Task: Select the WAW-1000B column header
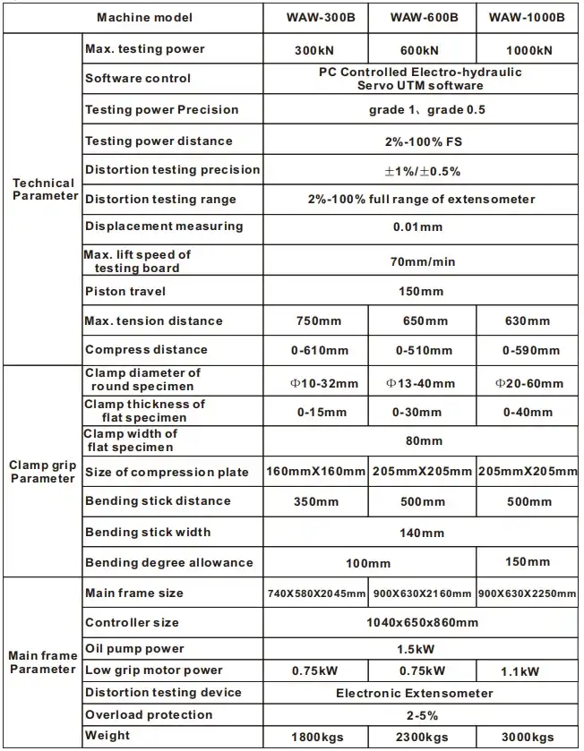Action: [x=528, y=18]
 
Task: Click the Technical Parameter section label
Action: [x=43, y=190]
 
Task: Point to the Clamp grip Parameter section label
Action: [x=43, y=472]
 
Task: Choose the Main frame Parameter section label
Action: [x=43, y=662]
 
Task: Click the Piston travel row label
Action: [x=125, y=292]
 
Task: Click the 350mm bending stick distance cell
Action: [x=316, y=502]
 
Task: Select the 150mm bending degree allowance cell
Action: [x=528, y=562]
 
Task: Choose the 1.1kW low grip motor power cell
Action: [x=528, y=671]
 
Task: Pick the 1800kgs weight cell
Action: [x=316, y=738]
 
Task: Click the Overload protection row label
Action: [x=149, y=715]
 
